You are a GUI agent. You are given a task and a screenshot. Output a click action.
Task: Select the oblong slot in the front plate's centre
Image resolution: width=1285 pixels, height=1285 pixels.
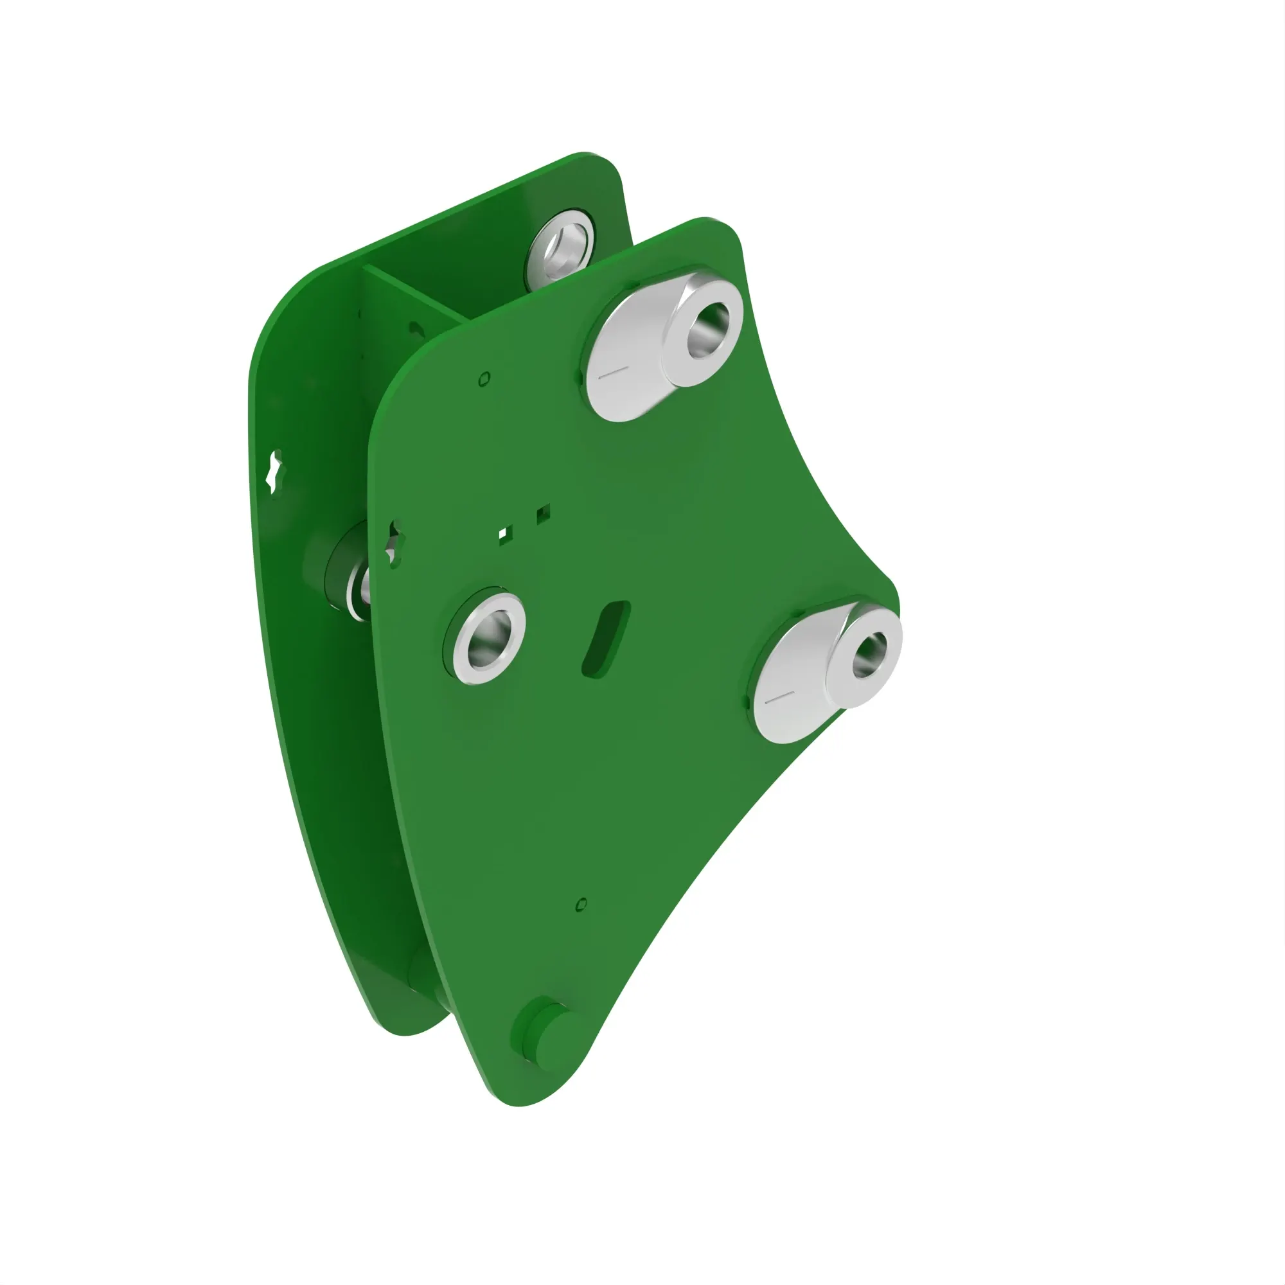tap(606, 640)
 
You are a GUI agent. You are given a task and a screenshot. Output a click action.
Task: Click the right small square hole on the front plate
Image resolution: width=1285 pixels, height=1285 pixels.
tap(543, 513)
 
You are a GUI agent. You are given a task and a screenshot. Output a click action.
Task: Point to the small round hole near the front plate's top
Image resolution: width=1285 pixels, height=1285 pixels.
tap(484, 379)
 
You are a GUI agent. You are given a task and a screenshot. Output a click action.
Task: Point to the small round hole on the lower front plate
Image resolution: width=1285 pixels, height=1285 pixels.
tap(581, 905)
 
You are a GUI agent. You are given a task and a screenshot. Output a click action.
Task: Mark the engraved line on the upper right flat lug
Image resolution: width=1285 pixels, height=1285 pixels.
tap(613, 373)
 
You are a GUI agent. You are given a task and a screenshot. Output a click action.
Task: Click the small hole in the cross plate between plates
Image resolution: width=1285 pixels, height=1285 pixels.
tap(416, 328)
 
